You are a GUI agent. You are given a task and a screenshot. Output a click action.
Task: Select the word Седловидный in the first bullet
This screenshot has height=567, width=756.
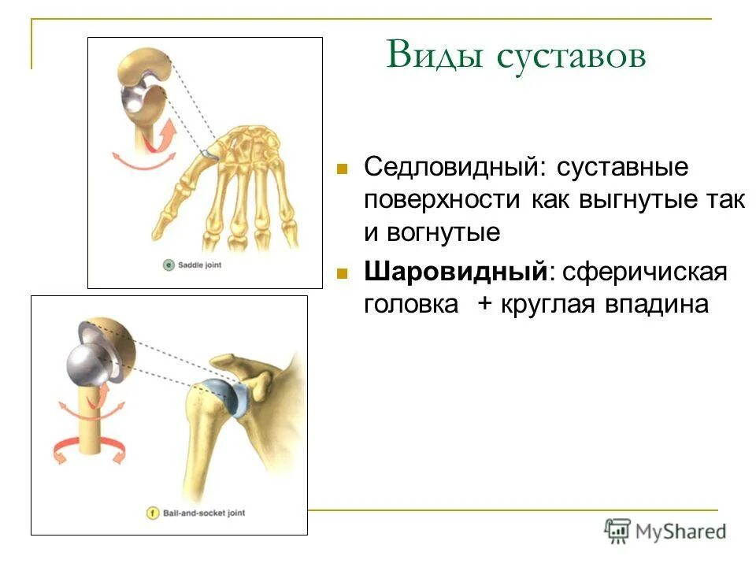[450, 167]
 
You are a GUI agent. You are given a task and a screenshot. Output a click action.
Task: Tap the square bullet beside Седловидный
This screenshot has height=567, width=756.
[342, 169]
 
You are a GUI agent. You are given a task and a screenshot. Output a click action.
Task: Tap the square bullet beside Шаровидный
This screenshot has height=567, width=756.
[342, 273]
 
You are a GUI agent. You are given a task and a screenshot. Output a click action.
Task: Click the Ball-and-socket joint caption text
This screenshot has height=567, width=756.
[204, 513]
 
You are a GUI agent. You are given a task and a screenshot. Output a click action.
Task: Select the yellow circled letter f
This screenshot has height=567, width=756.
[154, 513]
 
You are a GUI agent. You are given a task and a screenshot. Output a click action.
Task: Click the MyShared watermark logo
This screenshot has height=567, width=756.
[665, 530]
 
